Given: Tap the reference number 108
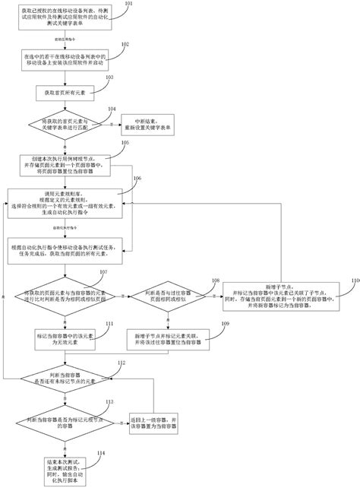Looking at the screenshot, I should point(216,280).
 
